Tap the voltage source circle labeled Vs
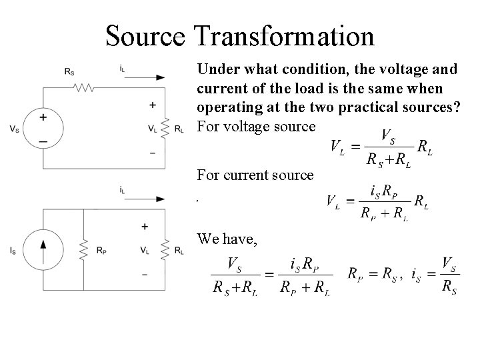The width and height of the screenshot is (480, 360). pyautogui.click(x=43, y=129)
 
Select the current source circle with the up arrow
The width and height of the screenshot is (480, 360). pyautogui.click(x=43, y=250)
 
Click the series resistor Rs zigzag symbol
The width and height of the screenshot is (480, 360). pyautogui.click(x=85, y=87)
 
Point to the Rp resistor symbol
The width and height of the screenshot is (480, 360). pyautogui.click(x=84, y=250)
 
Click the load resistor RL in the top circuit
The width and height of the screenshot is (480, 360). pyautogui.click(x=164, y=129)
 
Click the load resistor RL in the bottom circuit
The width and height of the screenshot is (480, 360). pyautogui.click(x=164, y=250)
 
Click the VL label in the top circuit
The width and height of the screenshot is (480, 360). pyautogui.click(x=153, y=129)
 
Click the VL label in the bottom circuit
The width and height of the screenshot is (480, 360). pyautogui.click(x=145, y=250)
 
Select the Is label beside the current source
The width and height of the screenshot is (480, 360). pyautogui.click(x=14, y=251)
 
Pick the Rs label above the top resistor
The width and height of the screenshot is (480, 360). pyautogui.click(x=70, y=71)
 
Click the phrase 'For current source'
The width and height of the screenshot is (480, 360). pyautogui.click(x=255, y=175)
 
